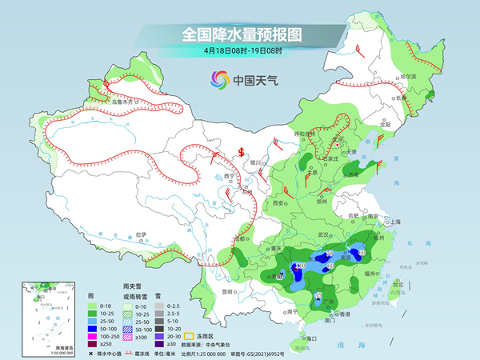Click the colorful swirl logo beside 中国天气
(218, 79)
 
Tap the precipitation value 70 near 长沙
(330, 254)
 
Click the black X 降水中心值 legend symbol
(90, 352)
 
